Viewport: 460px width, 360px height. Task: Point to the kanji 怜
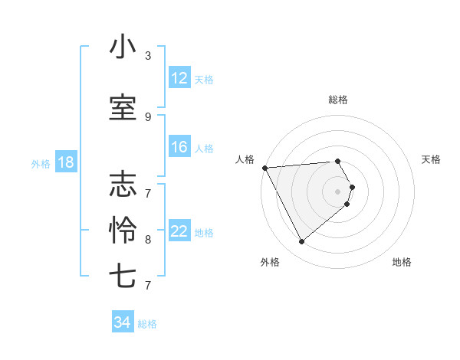pyautogui.click(x=123, y=230)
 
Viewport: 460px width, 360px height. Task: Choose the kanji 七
pyautogui.click(x=123, y=275)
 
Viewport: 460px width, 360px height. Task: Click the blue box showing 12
pyautogui.click(x=179, y=78)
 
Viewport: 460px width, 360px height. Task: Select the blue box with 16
pyautogui.click(x=179, y=147)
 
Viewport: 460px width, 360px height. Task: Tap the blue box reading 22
pyautogui.click(x=179, y=232)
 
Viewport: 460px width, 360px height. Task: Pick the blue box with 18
pyautogui.click(x=65, y=162)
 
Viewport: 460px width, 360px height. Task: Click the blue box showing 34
pyautogui.click(x=122, y=322)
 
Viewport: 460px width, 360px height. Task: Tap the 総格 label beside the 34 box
pyautogui.click(x=147, y=324)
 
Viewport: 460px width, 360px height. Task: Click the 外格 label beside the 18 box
pyautogui.click(x=41, y=163)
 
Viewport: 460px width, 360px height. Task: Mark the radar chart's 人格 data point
pyautogui.click(x=264, y=167)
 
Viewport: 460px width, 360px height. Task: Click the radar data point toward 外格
pyautogui.click(x=301, y=242)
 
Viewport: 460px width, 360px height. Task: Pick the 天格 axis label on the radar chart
pyautogui.click(x=432, y=159)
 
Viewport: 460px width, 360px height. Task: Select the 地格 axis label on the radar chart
pyautogui.click(x=402, y=262)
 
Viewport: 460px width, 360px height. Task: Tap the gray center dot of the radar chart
pyautogui.click(x=338, y=191)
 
